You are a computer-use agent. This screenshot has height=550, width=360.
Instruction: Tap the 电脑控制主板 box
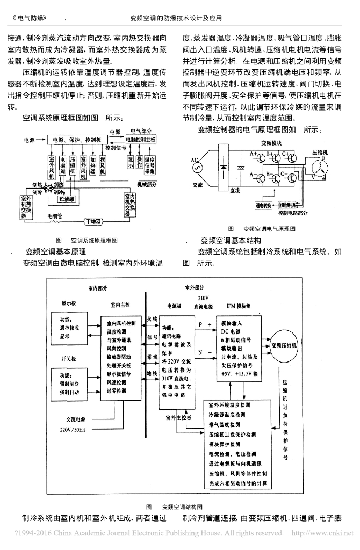pyautogui.click(x=142, y=139)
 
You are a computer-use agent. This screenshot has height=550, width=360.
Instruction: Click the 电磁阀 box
pyautogui.click(x=63, y=167)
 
